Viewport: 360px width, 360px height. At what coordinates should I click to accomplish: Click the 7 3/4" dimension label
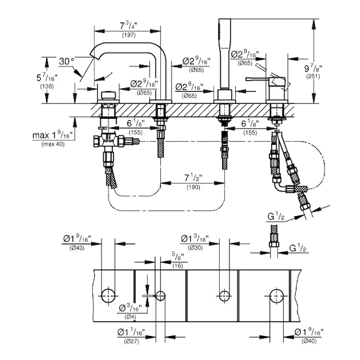click(128, 26)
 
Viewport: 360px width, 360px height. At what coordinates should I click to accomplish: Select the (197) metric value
click(128, 36)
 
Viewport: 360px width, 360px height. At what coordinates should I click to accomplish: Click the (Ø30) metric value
click(194, 248)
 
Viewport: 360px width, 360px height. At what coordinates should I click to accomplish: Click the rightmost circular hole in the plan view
click(277, 295)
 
